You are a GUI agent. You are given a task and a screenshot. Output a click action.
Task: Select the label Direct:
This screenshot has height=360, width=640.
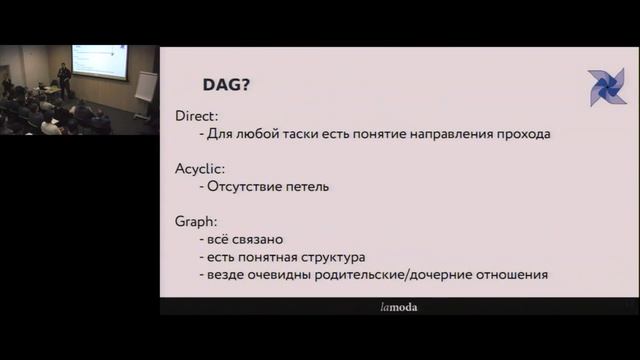click(196, 115)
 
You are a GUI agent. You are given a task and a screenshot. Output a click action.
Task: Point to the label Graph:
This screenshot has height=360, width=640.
click(196, 221)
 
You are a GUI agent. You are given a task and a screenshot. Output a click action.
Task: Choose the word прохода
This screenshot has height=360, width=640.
click(523, 133)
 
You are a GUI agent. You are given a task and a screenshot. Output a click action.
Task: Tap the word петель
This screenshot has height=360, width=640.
click(305, 186)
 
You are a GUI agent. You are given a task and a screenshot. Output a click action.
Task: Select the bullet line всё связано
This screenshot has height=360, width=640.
click(241, 239)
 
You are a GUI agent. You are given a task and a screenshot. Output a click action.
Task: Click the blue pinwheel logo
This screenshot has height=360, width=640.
click(606, 87)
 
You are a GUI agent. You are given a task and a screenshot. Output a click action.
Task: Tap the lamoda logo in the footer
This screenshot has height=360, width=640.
click(399, 307)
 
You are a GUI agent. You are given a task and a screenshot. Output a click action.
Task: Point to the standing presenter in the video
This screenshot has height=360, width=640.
click(64, 80)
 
